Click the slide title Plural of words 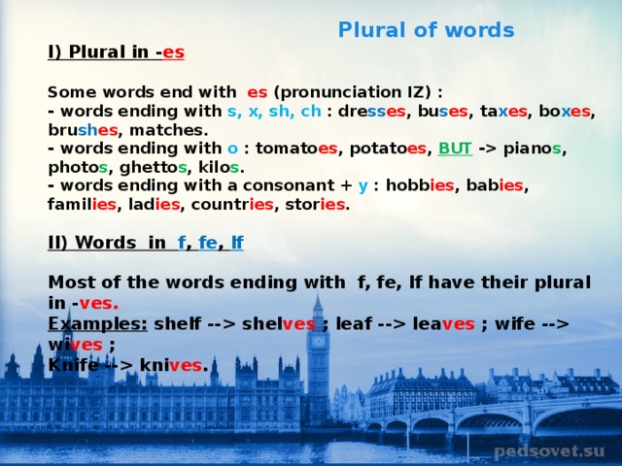[426, 30]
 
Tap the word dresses [372, 112]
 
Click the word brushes [83, 130]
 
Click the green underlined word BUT [455, 149]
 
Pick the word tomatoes [296, 149]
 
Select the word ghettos [154, 168]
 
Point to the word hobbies [420, 185]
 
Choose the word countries [232, 205]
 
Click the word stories [315, 205]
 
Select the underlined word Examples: [97, 324]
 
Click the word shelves [279, 323]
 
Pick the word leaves [443, 323]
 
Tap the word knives [171, 365]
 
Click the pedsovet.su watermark [549, 450]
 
